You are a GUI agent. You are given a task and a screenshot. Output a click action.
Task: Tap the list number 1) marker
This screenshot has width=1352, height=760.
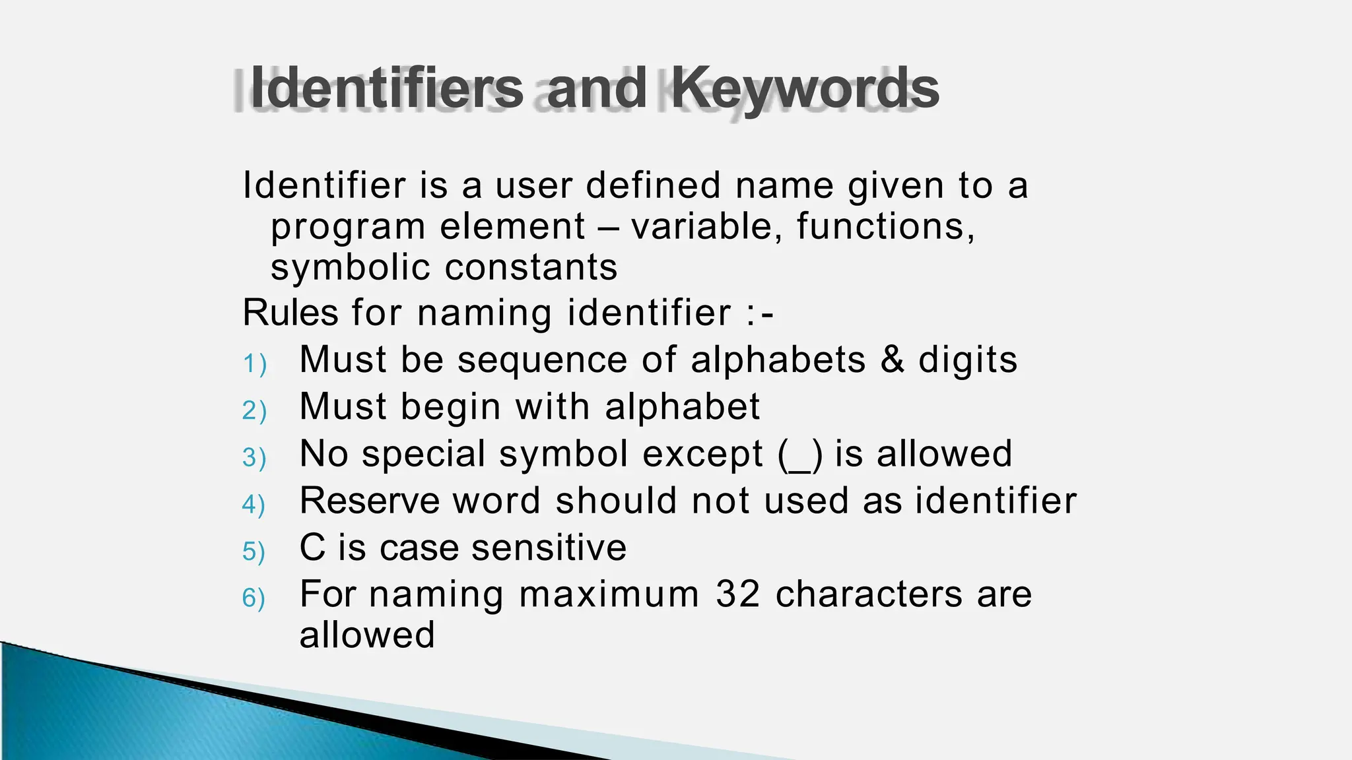[254, 364]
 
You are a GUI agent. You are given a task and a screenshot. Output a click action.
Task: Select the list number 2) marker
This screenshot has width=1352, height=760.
[254, 410]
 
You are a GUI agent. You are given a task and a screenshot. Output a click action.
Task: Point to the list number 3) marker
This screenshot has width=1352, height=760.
[254, 457]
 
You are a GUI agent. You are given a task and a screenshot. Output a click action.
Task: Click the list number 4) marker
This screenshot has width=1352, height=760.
[254, 504]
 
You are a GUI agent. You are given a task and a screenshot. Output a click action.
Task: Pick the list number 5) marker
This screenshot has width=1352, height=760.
[254, 551]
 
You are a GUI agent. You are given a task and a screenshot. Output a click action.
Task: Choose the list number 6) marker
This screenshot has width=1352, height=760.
[254, 598]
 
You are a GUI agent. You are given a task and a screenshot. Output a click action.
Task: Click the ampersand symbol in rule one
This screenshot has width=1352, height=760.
[892, 360]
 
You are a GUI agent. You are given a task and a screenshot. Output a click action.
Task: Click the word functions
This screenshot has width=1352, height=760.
[885, 226]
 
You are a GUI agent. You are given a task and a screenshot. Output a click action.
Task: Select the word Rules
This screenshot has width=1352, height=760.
[290, 313]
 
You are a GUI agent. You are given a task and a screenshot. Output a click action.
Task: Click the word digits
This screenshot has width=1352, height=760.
[968, 360]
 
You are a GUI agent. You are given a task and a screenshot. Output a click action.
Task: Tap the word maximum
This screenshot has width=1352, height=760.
[609, 594]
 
